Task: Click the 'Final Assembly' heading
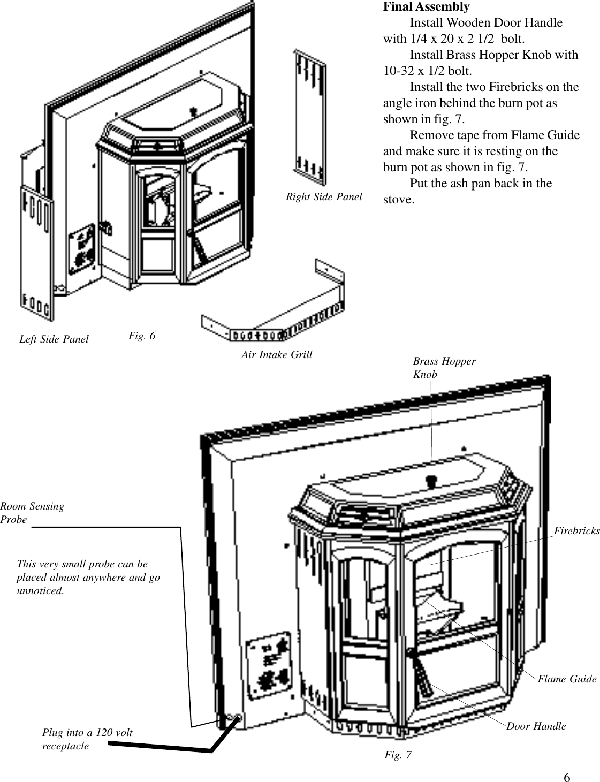point(426,7)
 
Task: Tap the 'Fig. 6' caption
point(142,336)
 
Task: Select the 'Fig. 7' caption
point(398,755)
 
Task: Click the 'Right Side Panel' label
point(324,196)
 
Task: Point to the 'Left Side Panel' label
point(54,339)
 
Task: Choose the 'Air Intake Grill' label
point(277,354)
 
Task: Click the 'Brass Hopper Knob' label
point(444,368)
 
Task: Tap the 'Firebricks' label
point(576,530)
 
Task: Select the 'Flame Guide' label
point(567,679)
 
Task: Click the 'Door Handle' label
point(536,726)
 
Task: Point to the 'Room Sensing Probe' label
point(32,512)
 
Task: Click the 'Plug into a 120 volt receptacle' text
point(87,739)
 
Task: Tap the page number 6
point(567,777)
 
